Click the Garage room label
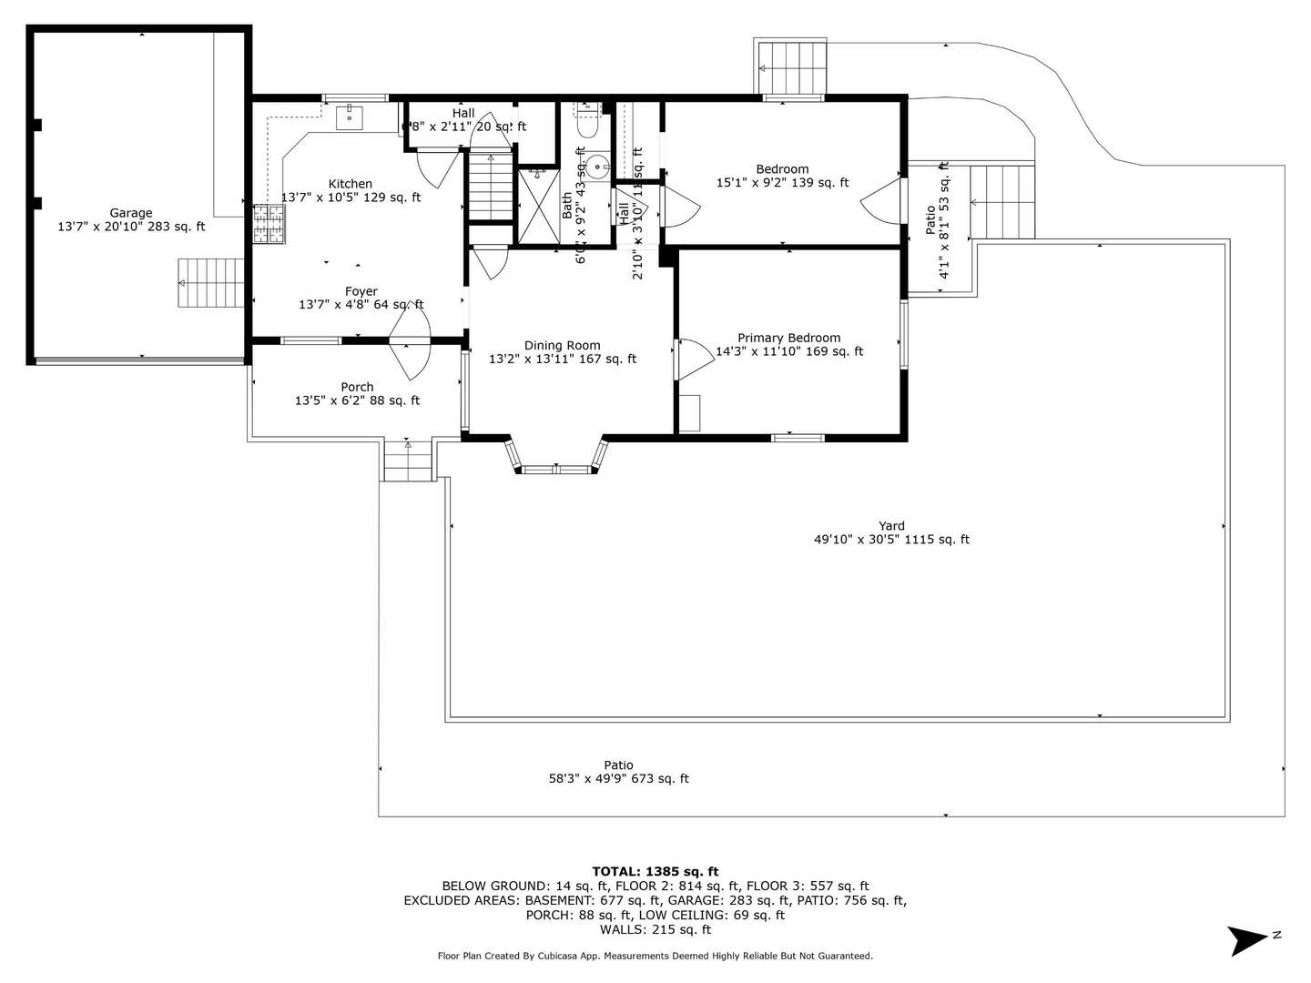tap(131, 213)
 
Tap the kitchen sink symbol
tap(350, 117)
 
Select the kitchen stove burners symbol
tap(269, 224)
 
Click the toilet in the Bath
tap(587, 122)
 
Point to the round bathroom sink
tap(596, 166)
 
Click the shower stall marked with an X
tap(538, 206)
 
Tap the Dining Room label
tap(562, 345)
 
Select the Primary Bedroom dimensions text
tap(789, 351)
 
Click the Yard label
tap(891, 525)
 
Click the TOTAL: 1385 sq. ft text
tap(655, 871)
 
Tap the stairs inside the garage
tap(211, 283)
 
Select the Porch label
tap(357, 387)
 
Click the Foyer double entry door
tap(410, 339)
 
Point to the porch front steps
tap(407, 460)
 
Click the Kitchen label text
tap(351, 184)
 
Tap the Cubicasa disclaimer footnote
tap(655, 956)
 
